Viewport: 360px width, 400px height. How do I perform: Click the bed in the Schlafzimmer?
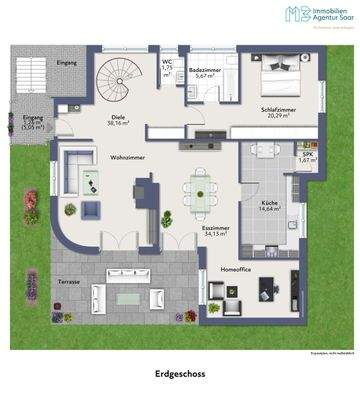(x=273, y=83)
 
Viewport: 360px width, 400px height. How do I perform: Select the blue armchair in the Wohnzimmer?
(x=90, y=210)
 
